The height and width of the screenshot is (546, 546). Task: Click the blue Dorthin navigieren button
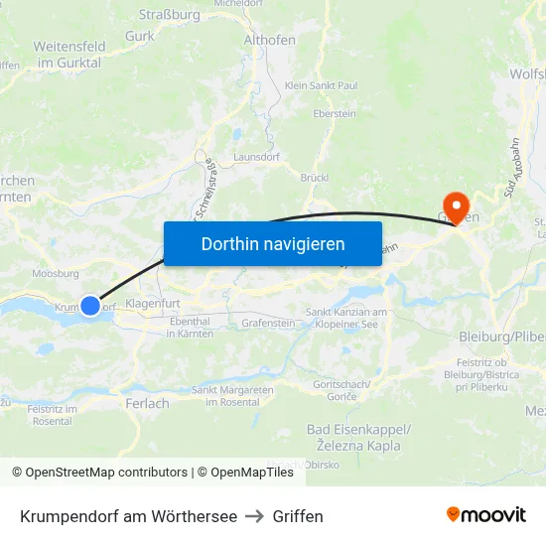point(272,243)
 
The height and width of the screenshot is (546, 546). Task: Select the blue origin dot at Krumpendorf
point(90,307)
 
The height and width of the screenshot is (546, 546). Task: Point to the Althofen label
point(269,40)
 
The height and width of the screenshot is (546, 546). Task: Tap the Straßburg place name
point(169,15)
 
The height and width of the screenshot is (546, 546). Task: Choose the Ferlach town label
point(147,403)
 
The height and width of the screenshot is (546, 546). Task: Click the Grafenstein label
point(268,323)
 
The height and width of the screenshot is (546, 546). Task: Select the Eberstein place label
point(334,114)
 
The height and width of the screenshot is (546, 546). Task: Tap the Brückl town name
point(314,178)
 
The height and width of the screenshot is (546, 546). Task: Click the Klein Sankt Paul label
point(321,86)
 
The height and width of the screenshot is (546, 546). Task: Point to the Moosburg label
point(56,273)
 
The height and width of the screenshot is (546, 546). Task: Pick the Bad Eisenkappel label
point(358,429)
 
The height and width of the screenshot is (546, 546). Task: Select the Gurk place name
point(139,37)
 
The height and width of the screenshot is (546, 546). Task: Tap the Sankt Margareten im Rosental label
point(232,395)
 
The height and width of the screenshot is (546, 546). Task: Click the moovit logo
point(486,515)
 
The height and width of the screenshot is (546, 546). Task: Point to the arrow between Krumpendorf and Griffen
point(255,516)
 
